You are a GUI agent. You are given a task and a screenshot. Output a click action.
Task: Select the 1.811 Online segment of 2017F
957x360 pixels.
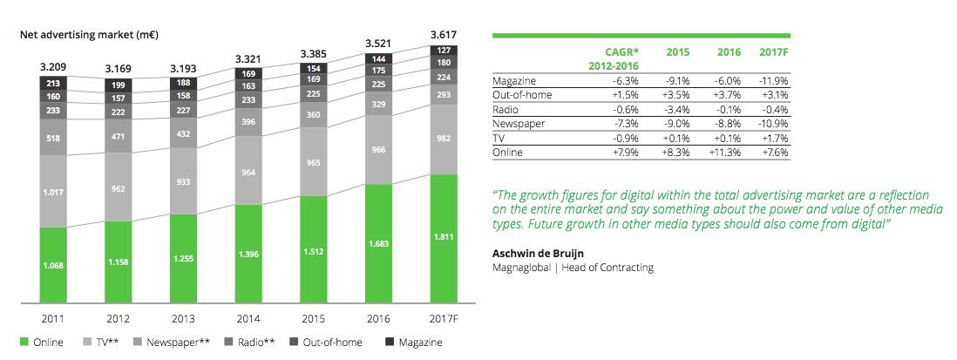tap(445, 237)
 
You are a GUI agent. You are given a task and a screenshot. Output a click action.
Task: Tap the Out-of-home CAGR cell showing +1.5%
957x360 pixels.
tap(625, 95)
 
